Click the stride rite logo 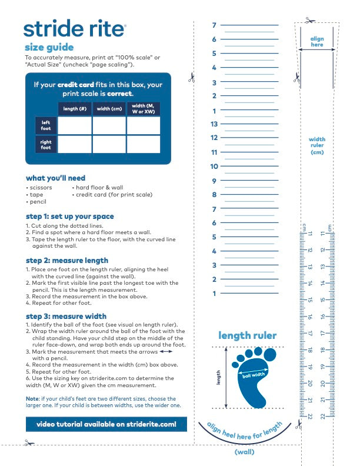(74, 28)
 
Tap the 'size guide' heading (49, 47)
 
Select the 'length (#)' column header (74, 109)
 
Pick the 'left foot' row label (46, 125)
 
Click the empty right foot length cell (74, 145)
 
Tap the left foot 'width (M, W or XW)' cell (143, 125)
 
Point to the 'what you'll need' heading (55, 178)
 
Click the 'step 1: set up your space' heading (70, 216)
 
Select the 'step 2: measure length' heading (67, 260)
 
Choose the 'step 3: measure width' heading (66, 317)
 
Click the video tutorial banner (106, 424)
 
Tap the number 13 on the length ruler (214, 124)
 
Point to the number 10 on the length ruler (214, 167)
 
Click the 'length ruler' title (247, 335)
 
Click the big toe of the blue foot (270, 354)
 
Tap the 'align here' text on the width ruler (317, 42)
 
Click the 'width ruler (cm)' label (317, 146)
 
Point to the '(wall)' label (245, 452)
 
